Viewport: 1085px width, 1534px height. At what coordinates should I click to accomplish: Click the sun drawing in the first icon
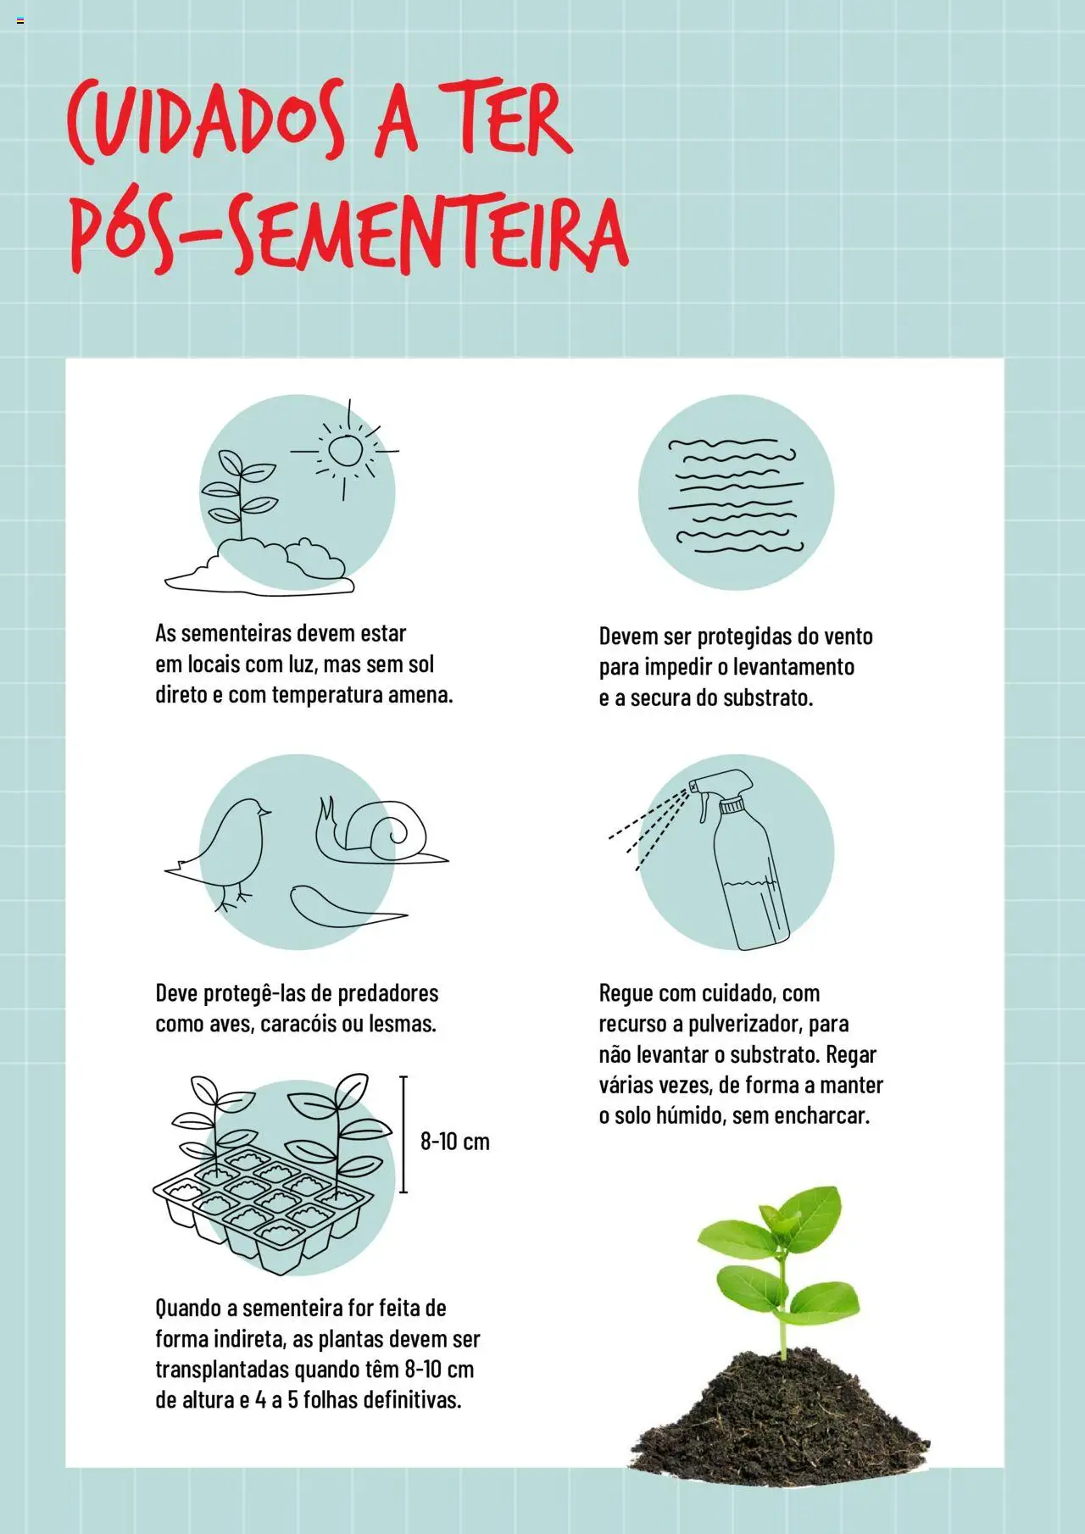tap(345, 450)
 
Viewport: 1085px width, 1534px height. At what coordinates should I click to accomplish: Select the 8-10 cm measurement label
tap(455, 1141)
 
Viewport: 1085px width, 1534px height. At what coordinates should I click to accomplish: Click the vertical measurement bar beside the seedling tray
tap(403, 1134)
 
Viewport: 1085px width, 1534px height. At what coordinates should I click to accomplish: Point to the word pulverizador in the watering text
tap(744, 1024)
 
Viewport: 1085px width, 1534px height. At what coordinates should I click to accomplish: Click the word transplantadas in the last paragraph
tap(222, 1370)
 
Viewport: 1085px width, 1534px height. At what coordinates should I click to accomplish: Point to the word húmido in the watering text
tap(687, 1115)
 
